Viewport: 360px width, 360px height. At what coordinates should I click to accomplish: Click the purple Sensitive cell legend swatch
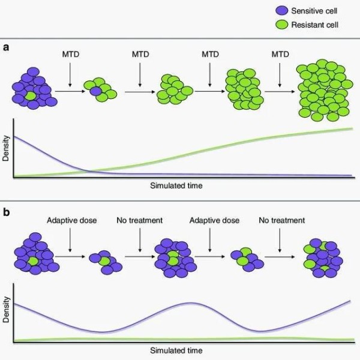click(x=282, y=11)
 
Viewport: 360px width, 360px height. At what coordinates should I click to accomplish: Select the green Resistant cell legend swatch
click(x=282, y=25)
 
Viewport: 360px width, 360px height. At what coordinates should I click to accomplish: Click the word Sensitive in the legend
click(x=305, y=11)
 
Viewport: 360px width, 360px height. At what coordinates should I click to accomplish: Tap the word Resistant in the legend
click(x=305, y=25)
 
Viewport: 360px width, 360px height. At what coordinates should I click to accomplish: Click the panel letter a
click(x=6, y=47)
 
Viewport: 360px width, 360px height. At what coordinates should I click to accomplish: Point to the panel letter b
click(x=6, y=212)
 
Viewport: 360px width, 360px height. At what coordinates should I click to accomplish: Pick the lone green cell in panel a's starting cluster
click(x=31, y=96)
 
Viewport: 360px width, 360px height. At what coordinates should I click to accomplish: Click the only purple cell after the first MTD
click(x=95, y=91)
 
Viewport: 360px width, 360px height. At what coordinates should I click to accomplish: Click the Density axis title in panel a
click(x=6, y=148)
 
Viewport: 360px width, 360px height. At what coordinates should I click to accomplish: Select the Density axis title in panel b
click(x=6, y=310)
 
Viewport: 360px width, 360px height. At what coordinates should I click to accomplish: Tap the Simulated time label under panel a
click(x=176, y=185)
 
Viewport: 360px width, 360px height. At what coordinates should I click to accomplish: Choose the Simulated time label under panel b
click(x=176, y=350)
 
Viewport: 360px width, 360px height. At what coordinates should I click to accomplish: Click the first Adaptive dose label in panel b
click(x=72, y=220)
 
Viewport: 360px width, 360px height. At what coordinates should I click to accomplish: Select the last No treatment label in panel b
click(x=282, y=220)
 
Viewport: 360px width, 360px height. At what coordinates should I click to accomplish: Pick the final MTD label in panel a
click(x=280, y=54)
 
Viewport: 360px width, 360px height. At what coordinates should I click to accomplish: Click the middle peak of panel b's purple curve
click(x=190, y=303)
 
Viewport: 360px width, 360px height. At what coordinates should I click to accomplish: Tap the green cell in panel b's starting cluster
click(x=33, y=262)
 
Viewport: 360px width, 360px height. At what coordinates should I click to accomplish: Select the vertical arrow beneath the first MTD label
click(x=70, y=75)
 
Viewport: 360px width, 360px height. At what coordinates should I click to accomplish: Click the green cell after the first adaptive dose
click(x=104, y=261)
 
